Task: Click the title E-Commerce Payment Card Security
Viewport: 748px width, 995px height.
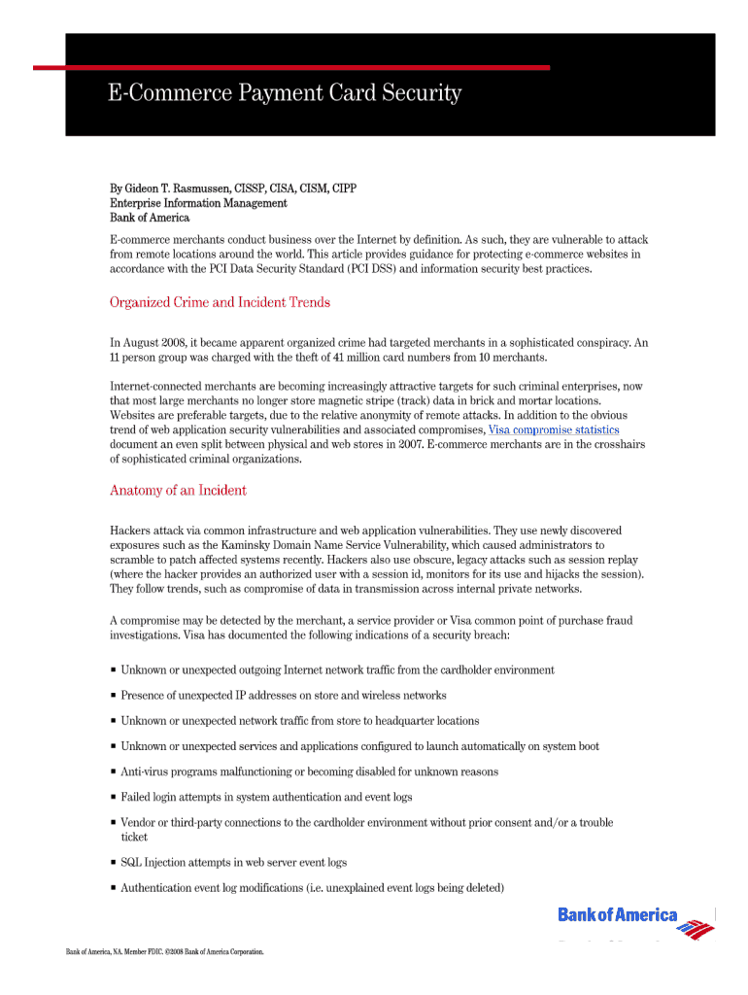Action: [284, 94]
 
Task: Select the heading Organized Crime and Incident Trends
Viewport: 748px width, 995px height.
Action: [220, 302]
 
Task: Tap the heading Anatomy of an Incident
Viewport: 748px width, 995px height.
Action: [178, 491]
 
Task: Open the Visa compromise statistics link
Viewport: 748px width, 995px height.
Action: [553, 429]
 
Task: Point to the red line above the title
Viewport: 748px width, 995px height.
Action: [291, 67]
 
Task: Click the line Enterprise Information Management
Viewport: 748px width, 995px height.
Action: [198, 203]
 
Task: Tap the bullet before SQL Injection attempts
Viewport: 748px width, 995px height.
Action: [114, 862]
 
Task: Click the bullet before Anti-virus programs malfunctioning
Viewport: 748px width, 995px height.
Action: [114, 772]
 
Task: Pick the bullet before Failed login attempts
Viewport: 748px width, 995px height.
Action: [114, 797]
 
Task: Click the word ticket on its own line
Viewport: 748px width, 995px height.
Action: [134, 837]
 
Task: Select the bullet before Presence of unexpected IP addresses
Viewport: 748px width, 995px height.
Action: [114, 696]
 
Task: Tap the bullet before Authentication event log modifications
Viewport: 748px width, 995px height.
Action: [114, 887]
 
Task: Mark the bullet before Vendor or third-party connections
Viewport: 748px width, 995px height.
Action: [114, 822]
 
